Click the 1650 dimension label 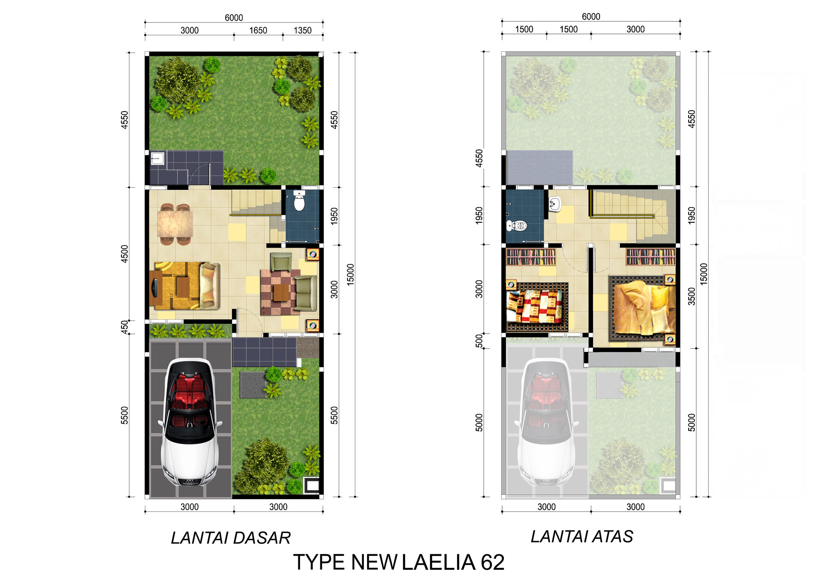point(258,31)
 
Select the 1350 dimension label point(302,31)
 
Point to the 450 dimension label point(125,327)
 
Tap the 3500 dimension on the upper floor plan point(691,296)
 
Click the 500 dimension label point(479,341)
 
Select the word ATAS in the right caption point(613,536)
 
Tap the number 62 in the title point(492,562)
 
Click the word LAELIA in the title point(439,562)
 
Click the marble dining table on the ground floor point(175,224)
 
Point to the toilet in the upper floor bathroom point(517,225)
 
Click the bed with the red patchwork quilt point(537,307)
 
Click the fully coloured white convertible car point(190,422)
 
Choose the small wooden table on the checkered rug point(281,292)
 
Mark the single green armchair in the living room point(281,261)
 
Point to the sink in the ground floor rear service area point(158,158)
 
